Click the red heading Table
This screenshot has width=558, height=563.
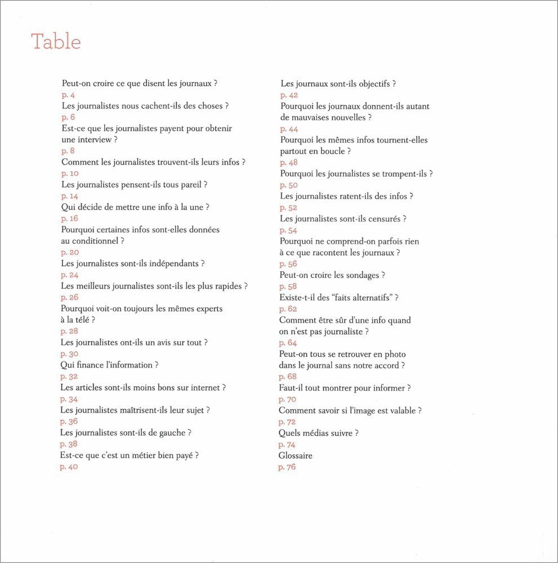(x=56, y=42)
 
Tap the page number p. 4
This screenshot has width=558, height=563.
(x=68, y=95)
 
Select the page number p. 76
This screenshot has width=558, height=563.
(x=287, y=467)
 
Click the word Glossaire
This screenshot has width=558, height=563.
(x=296, y=455)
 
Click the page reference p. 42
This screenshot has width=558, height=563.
(x=289, y=95)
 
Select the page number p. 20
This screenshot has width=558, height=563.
(x=70, y=252)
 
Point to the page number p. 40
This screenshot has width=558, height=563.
(x=69, y=467)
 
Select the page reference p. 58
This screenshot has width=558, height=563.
(x=288, y=287)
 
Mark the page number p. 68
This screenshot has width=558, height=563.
(x=287, y=377)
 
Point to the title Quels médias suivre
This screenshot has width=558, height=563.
(x=318, y=433)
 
